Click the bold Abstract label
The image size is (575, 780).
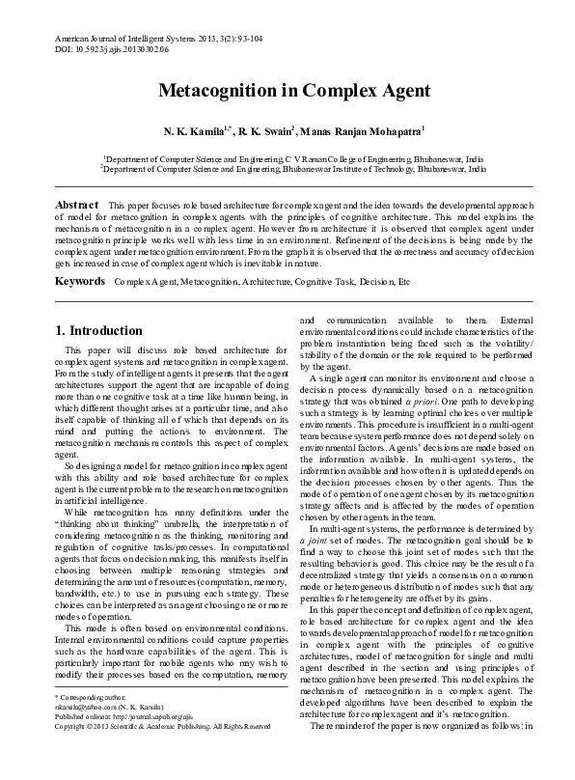[x=76, y=206]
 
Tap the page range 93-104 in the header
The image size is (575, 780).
[x=268, y=35]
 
